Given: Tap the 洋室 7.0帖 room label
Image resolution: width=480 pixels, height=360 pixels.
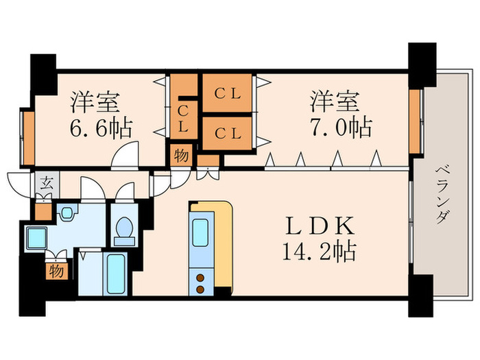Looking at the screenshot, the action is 341,115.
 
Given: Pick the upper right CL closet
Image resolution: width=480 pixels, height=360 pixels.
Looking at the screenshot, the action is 226,94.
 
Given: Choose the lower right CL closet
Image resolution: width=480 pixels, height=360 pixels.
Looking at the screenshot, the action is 226,134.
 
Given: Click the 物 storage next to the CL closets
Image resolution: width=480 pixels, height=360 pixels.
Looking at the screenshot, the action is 181,155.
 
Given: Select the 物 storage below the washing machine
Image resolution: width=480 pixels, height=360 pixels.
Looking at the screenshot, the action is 55,272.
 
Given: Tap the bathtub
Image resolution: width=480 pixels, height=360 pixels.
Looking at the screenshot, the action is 115,274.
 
